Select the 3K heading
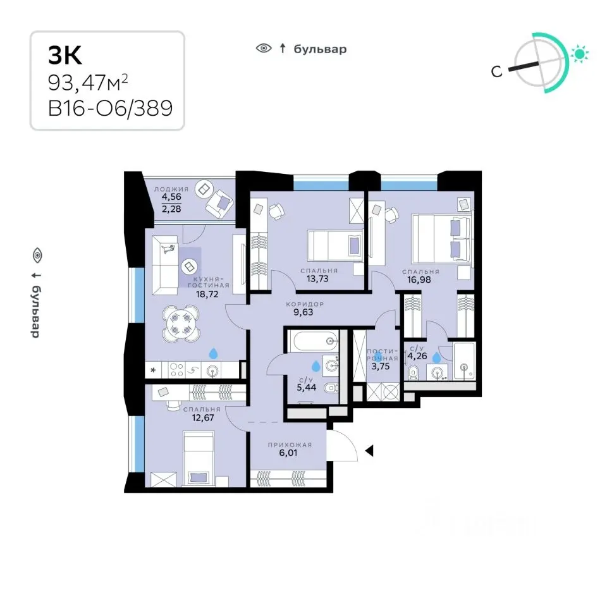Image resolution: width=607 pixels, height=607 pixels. tap(65, 56)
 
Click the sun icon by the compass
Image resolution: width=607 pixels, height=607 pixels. tap(579, 54)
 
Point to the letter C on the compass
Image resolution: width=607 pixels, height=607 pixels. tap(497, 72)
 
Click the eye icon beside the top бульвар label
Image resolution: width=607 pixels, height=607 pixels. tap(263, 49)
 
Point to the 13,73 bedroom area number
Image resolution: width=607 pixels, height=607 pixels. tap(319, 279)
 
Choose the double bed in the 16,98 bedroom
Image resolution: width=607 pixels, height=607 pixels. tap(441, 239)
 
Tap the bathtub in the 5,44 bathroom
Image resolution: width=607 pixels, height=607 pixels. tap(314, 341)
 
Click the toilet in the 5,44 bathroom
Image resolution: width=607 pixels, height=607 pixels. tap(330, 388)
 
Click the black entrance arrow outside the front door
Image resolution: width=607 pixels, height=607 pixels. tap(370, 450)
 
